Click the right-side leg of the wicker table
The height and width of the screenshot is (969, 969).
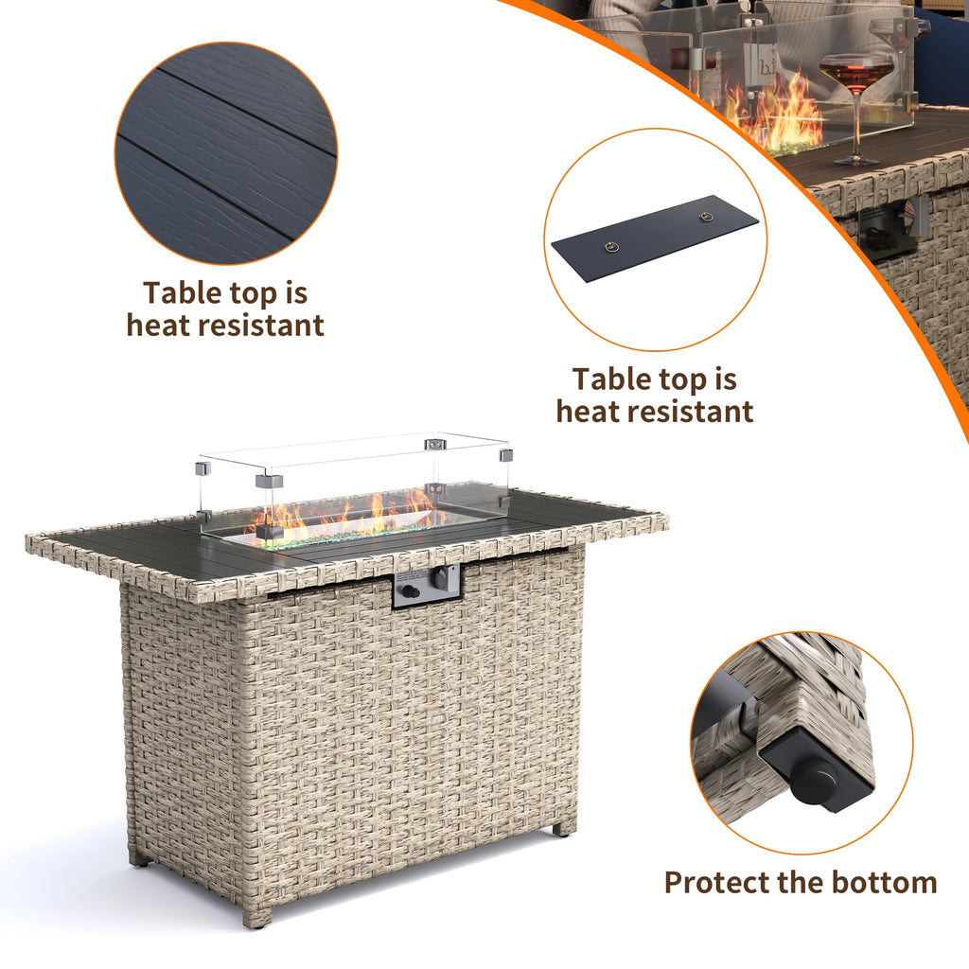pyautogui.click(x=562, y=826)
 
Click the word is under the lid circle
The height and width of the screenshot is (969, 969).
pyautogui.click(x=724, y=379)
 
